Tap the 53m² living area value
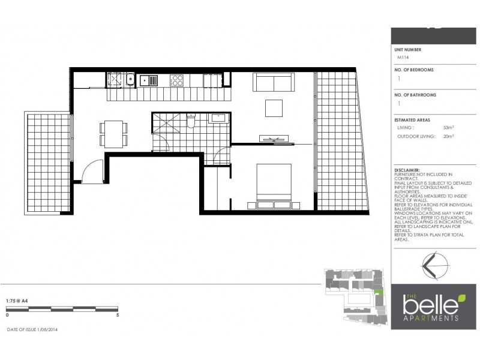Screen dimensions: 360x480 (448, 128)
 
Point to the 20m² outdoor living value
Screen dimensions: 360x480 (448, 136)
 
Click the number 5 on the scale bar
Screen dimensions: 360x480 (118, 314)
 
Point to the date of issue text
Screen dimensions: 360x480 (32, 329)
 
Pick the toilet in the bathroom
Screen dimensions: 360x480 (191, 122)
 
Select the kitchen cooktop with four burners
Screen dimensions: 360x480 (177, 80)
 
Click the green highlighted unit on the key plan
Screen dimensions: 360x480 (378, 292)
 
